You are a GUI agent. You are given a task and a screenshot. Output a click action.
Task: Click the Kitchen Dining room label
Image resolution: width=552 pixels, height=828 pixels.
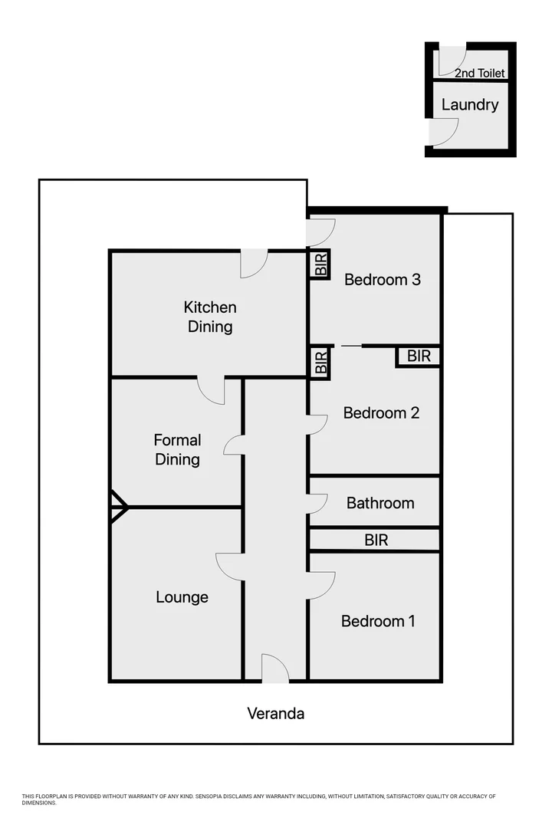tap(209, 317)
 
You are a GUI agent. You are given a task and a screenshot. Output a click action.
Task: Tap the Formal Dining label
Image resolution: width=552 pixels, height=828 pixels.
tap(177, 450)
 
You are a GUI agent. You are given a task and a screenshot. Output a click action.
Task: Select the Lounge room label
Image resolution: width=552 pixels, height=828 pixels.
tap(182, 597)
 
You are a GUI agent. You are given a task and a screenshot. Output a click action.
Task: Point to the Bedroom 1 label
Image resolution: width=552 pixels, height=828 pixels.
tap(378, 621)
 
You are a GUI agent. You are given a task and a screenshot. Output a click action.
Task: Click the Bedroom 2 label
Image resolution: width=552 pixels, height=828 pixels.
tap(381, 413)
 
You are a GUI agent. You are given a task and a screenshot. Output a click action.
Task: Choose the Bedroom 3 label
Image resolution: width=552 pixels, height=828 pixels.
tap(382, 280)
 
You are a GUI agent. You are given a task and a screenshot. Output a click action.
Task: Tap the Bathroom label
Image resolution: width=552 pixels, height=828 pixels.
tap(380, 504)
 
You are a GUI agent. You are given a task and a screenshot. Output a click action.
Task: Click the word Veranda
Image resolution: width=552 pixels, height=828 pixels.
tap(275, 714)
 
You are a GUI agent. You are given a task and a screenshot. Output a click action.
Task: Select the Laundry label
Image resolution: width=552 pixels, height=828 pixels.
tap(470, 105)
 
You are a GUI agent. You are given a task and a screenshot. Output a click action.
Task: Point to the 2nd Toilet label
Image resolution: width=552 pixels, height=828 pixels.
tap(479, 74)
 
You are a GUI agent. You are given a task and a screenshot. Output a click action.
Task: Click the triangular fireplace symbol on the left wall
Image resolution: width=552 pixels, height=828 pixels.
tap(118, 507)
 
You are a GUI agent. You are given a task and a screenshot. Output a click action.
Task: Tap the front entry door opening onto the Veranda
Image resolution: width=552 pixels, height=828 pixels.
tap(274, 669)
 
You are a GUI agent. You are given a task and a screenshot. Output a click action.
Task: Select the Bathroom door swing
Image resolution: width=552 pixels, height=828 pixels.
tap(317, 504)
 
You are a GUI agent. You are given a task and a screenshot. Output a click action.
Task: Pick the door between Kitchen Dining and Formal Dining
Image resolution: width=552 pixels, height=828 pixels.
tap(212, 389)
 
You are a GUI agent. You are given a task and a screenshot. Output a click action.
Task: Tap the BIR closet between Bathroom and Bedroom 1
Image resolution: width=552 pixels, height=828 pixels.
tap(376, 540)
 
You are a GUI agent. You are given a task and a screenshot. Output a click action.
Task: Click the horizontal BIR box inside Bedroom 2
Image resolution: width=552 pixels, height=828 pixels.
tap(419, 356)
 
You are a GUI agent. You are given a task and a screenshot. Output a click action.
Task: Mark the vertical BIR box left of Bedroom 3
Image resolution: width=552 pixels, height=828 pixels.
tap(320, 264)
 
